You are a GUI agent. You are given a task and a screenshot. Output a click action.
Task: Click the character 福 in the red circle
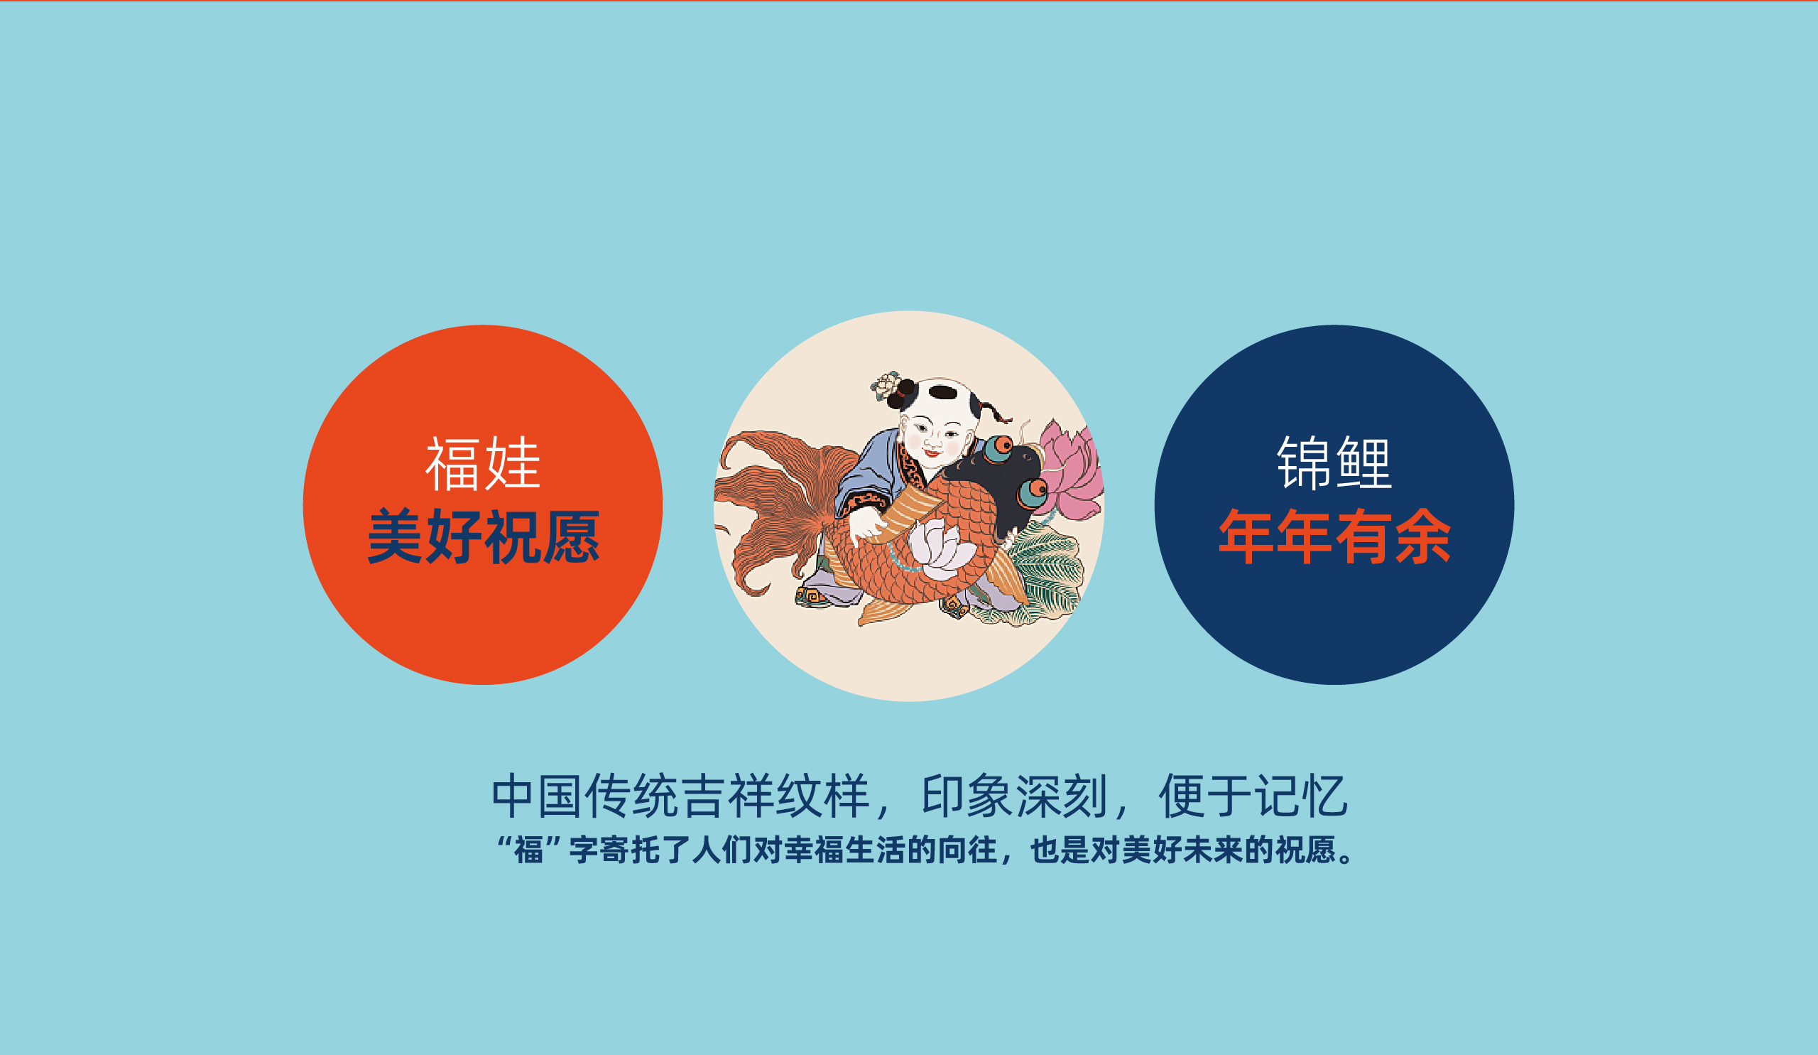(453, 464)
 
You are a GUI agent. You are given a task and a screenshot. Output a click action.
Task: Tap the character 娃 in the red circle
(512, 464)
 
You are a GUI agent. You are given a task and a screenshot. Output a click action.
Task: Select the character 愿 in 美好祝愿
(571, 537)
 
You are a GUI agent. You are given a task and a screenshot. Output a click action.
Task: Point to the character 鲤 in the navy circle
(1364, 464)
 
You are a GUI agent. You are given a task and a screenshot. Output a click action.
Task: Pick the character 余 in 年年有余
(1422, 537)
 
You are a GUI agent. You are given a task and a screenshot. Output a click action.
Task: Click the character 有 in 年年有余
(1364, 537)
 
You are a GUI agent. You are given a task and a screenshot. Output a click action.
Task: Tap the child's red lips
(932, 453)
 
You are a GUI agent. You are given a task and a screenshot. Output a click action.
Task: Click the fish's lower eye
(1033, 492)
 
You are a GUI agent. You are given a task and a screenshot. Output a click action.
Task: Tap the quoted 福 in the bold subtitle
(528, 851)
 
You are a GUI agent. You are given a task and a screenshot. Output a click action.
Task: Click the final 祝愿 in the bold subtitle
(1306, 851)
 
